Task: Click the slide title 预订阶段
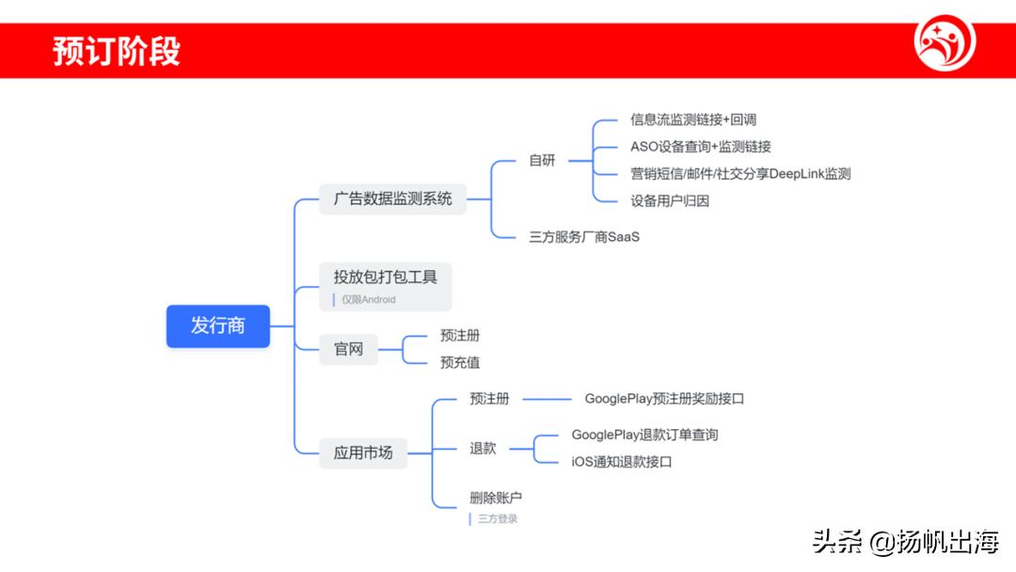point(116,51)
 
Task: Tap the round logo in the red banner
point(945,43)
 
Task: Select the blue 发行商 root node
point(218,326)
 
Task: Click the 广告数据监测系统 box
point(392,199)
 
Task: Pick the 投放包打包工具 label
point(385,277)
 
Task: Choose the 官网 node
point(348,349)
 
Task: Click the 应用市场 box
point(363,453)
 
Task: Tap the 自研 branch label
point(542,160)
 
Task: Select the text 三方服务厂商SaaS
point(583,236)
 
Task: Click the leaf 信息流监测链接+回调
point(692,119)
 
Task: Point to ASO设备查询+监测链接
point(700,147)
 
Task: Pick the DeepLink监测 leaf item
point(740,173)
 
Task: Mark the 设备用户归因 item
point(669,200)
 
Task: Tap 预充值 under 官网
point(460,362)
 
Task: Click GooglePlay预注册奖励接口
point(664,399)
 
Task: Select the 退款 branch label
point(483,449)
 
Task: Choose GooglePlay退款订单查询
point(644,435)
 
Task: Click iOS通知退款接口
point(621,462)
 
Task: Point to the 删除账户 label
point(495,498)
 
